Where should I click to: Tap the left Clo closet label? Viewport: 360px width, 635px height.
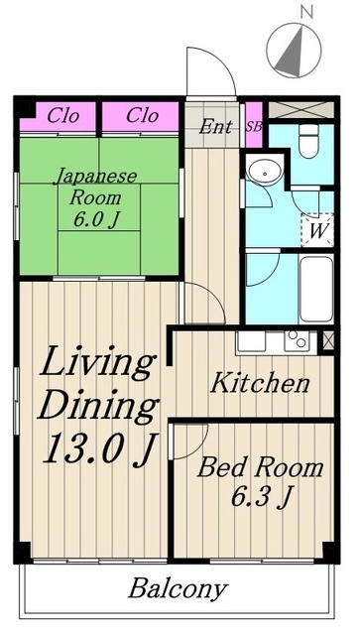point(63,115)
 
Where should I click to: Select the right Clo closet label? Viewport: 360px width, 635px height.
point(142,115)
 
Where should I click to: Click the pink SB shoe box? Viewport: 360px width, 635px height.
point(253,127)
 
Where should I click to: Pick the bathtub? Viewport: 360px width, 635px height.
point(313,288)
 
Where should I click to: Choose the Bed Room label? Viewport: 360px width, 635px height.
point(260,467)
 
